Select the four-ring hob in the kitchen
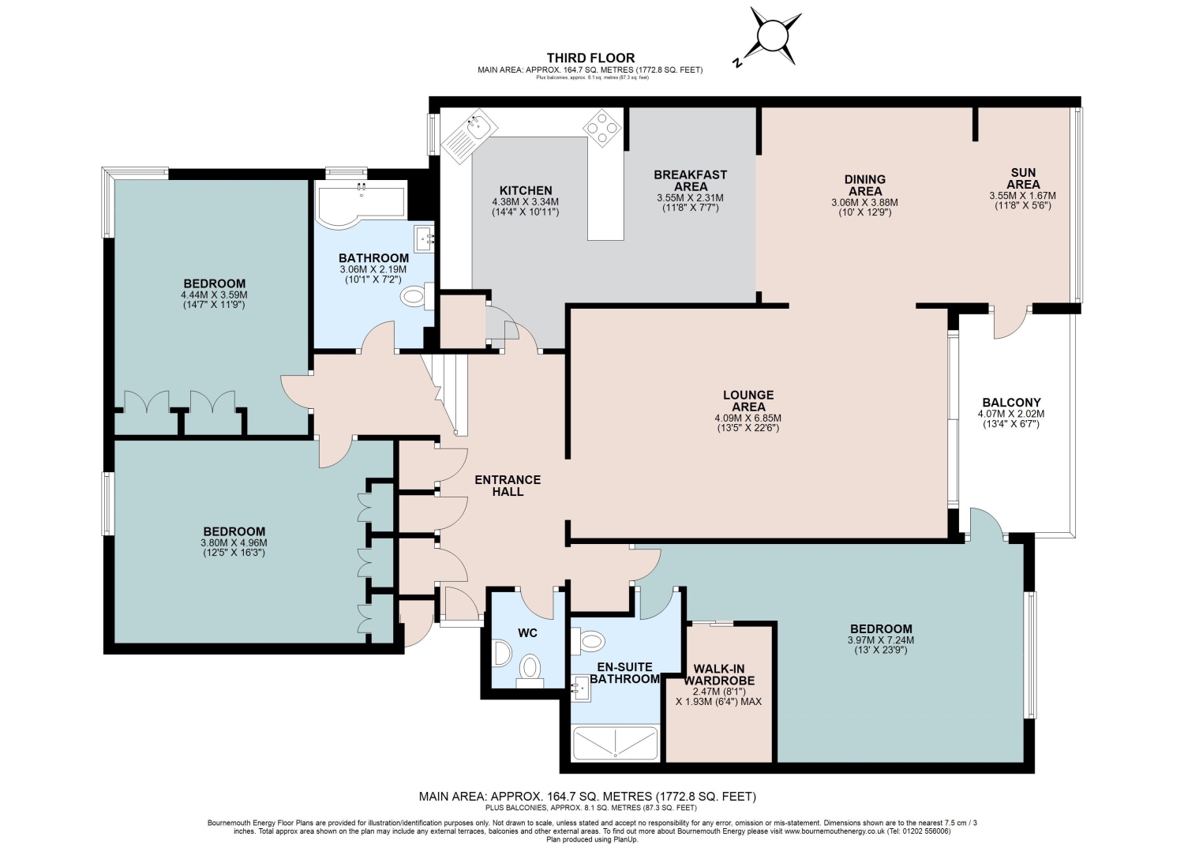pyautogui.click(x=602, y=127)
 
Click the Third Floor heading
pyautogui.click(x=590, y=58)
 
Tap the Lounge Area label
pyautogui.click(x=748, y=401)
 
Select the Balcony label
pyautogui.click(x=1011, y=403)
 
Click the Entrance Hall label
pyautogui.click(x=508, y=486)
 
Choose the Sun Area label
pyautogui.click(x=1023, y=178)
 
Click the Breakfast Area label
pyautogui.click(x=691, y=180)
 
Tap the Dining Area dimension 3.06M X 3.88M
pyautogui.click(x=865, y=203)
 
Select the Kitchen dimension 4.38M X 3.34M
pyautogui.click(x=526, y=202)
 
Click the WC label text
pyautogui.click(x=527, y=633)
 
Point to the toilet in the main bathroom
pyautogui.click(x=417, y=296)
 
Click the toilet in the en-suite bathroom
pyautogui.click(x=588, y=641)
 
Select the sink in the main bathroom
pyautogui.click(x=424, y=239)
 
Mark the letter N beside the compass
pyautogui.click(x=736, y=62)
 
